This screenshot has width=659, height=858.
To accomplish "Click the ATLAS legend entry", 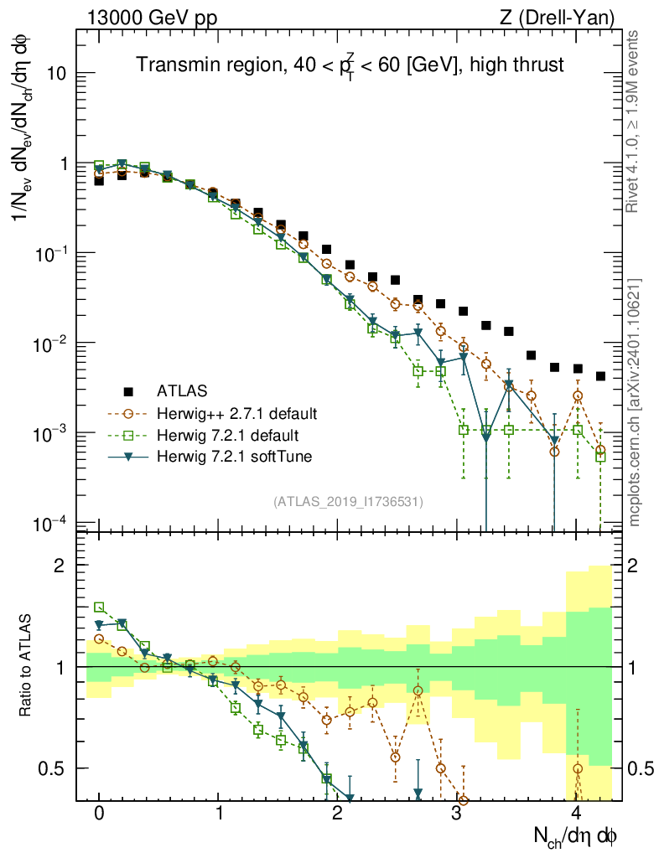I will coord(180,390).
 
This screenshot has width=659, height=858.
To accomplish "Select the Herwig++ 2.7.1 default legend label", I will coord(236,413).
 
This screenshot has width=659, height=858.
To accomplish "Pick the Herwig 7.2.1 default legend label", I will coord(229,435).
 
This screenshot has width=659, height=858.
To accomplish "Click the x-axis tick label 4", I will coord(575,814).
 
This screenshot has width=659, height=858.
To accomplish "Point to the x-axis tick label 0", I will coord(99,814).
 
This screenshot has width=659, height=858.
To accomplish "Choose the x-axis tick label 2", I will coord(337,814).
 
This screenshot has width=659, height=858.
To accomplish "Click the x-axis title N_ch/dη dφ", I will coord(576,836).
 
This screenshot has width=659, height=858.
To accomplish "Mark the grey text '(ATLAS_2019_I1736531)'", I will coord(348,502).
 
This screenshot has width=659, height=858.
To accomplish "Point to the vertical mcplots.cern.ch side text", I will coord(635,402).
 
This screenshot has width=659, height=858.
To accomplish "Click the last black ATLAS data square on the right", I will coord(599,376).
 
